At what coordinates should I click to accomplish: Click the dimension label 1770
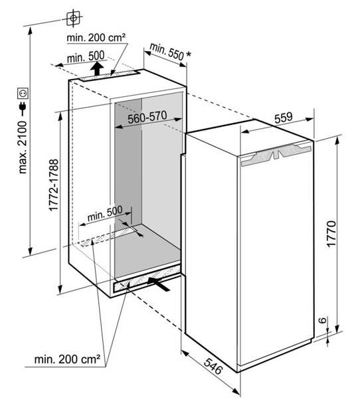click(331, 234)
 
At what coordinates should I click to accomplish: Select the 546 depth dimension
click(213, 366)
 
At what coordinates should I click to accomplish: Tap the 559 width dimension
click(284, 118)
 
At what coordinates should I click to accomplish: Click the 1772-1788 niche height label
click(54, 185)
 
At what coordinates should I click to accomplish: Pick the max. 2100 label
click(23, 147)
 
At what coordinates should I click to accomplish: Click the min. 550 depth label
click(167, 52)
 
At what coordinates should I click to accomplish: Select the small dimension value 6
click(322, 320)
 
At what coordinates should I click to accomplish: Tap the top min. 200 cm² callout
click(96, 38)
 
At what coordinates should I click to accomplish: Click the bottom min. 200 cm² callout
click(67, 359)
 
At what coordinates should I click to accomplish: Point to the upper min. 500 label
click(86, 57)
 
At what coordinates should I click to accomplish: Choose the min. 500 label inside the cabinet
click(105, 213)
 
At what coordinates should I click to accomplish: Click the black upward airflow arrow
click(97, 68)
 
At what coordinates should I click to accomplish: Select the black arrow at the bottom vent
click(159, 284)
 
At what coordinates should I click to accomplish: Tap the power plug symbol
click(23, 109)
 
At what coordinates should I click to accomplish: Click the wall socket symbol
click(23, 94)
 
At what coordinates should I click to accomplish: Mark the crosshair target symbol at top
click(73, 19)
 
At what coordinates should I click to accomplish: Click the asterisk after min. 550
click(189, 54)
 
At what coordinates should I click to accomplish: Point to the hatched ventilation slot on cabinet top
click(110, 75)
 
